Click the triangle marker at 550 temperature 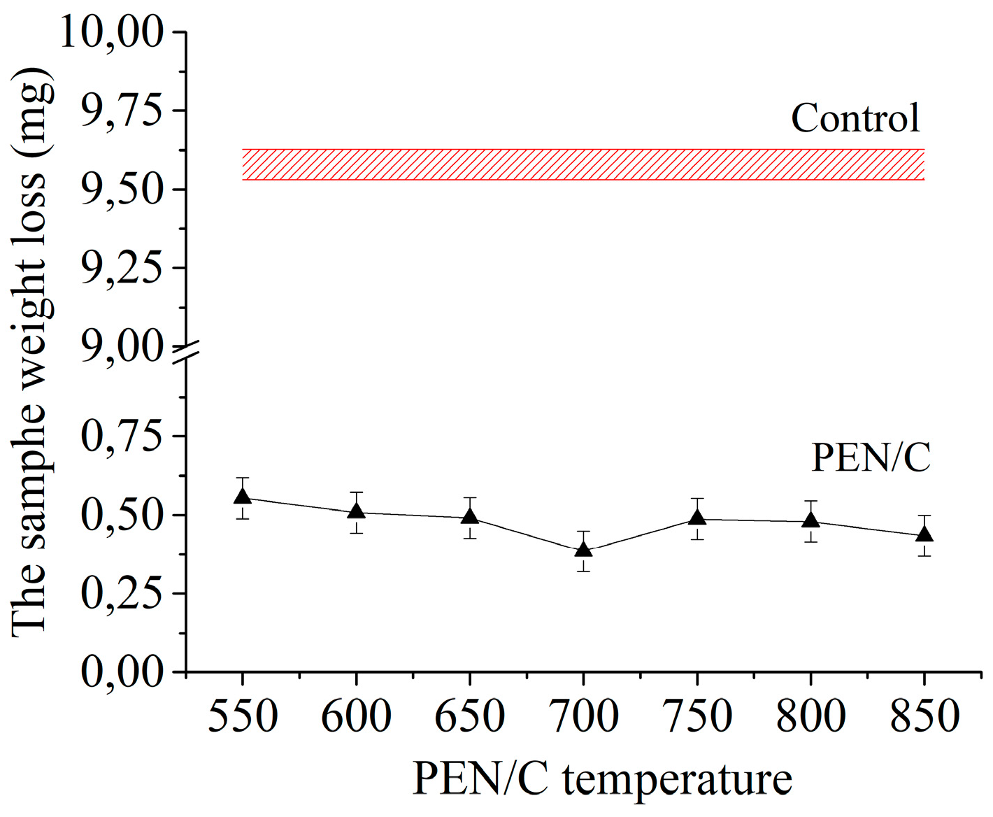(243, 497)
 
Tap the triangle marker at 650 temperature (470, 517)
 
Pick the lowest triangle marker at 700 (583, 550)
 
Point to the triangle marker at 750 (696, 518)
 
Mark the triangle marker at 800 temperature (810, 520)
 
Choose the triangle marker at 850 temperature (924, 534)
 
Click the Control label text (855, 118)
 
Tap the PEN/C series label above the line (871, 457)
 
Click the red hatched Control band (583, 164)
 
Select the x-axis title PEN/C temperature (602, 779)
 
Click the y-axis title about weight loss (31, 353)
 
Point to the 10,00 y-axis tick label (113, 32)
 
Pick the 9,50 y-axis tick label (122, 190)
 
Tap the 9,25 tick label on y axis (122, 268)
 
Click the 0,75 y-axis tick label (122, 436)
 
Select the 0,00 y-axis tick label (122, 672)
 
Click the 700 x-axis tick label (583, 716)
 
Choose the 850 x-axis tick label (924, 716)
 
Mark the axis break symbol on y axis (186, 353)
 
